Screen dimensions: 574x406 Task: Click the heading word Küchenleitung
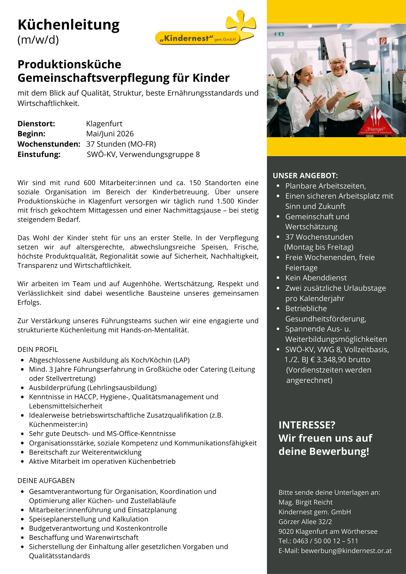pos(68,25)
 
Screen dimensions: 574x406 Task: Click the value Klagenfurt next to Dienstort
pos(104,124)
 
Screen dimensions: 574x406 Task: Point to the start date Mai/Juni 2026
pos(110,134)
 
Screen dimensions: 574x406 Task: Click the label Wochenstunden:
pos(49,144)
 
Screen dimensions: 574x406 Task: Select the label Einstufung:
pos(39,154)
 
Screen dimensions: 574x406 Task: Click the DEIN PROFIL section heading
pos(38,350)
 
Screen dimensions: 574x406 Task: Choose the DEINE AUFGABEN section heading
pos(46,481)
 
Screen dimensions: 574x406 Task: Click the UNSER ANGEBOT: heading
pos(305,176)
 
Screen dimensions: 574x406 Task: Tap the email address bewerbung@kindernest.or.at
pos(346,551)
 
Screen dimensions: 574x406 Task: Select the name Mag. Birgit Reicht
pos(305,502)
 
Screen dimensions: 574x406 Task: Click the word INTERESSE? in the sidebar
pos(307,425)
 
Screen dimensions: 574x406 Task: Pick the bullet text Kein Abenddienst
pos(316,278)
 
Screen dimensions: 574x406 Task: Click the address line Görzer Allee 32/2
pos(305,522)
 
